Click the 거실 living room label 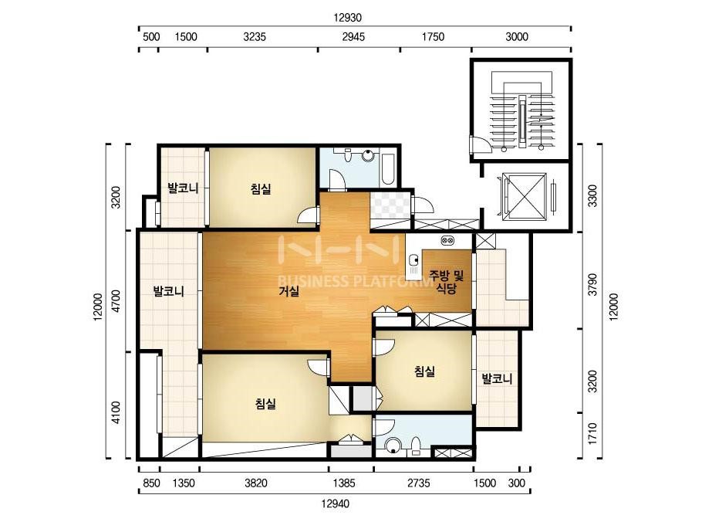pos(289,291)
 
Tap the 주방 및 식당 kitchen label pos(447,282)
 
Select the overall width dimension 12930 pos(347,18)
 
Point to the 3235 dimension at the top pos(255,37)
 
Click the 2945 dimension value pos(353,37)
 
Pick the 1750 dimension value pos(434,37)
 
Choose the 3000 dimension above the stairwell pos(517,37)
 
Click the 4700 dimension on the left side pos(116,301)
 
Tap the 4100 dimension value pos(116,412)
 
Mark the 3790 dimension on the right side pos(592,284)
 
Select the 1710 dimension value pos(592,434)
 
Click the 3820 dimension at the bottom pos(256,483)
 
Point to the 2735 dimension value pos(418,483)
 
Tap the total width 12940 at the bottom pos(335,503)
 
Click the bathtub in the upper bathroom pos(388,169)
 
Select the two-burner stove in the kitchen pos(447,240)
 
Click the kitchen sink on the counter pos(413,261)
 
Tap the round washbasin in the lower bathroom pos(393,446)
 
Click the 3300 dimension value pos(592,195)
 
